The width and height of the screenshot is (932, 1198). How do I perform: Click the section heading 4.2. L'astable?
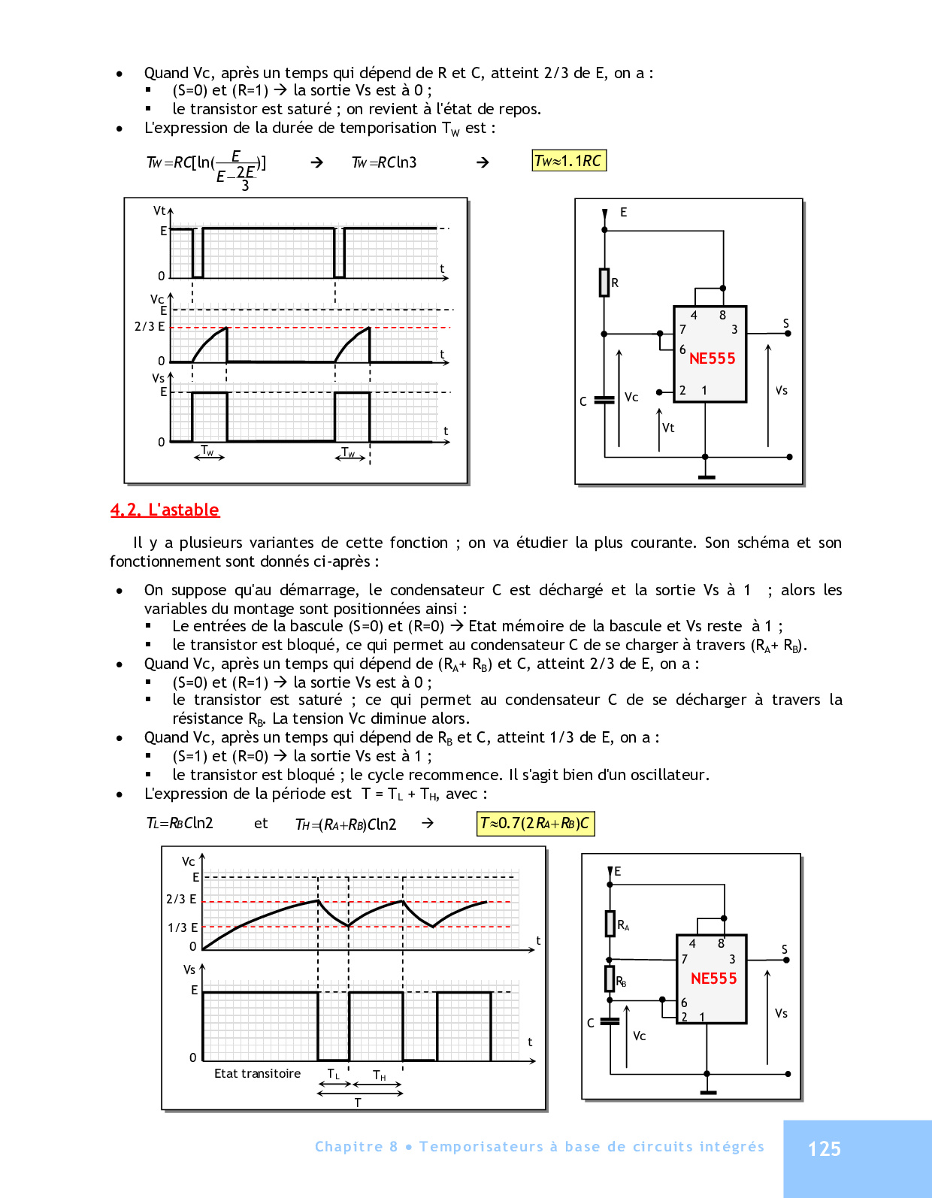click(x=165, y=510)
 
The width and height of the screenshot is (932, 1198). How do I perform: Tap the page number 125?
click(x=824, y=1148)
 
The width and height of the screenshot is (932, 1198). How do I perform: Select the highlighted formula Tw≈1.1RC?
click(x=568, y=161)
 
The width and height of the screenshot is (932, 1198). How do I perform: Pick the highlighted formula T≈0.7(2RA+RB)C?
click(x=535, y=824)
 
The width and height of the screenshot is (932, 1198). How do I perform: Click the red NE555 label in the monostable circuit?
click(x=712, y=358)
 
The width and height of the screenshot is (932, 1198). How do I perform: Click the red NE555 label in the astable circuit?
click(x=713, y=979)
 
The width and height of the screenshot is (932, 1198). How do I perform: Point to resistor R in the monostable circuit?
click(x=604, y=283)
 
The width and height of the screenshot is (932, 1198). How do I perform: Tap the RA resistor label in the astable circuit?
click(x=623, y=925)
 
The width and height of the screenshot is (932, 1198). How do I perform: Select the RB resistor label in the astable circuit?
click(x=621, y=981)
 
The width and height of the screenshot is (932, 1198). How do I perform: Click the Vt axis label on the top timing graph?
click(x=159, y=211)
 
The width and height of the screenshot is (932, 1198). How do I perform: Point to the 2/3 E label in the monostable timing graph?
click(x=150, y=326)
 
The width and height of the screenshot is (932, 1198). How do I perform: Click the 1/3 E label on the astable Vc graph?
click(x=183, y=927)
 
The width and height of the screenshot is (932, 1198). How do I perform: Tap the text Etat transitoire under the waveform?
click(x=257, y=1073)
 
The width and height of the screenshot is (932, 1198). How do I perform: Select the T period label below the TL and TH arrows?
click(x=358, y=1103)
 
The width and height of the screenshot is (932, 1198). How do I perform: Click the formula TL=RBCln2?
click(x=180, y=823)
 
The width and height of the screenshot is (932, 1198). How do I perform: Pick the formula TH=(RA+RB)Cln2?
click(x=346, y=824)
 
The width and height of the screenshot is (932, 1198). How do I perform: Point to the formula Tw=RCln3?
click(x=384, y=162)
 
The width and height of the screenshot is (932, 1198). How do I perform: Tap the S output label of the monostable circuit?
click(x=786, y=323)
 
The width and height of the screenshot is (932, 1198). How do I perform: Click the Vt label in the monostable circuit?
click(x=668, y=428)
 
